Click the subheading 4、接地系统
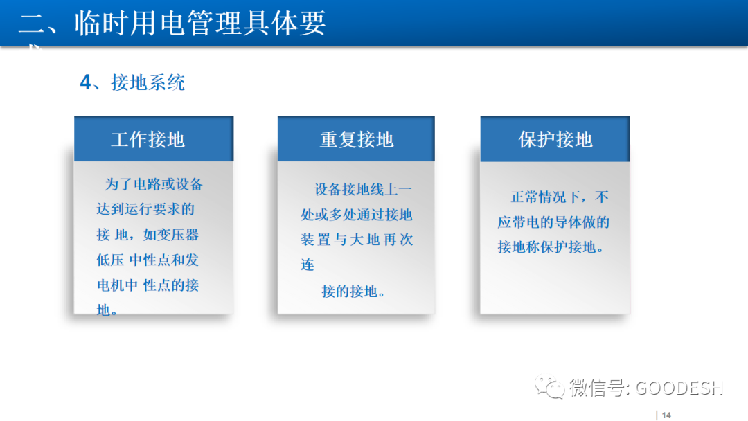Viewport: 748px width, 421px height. click(132, 83)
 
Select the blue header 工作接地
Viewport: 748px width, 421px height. click(148, 139)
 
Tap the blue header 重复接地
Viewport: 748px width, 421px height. click(356, 139)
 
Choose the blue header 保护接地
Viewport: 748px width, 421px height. click(555, 139)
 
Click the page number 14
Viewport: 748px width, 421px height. click(666, 415)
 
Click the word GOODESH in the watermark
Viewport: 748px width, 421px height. click(679, 388)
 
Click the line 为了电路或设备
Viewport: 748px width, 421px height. click(154, 184)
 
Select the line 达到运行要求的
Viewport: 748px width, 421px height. click(145, 209)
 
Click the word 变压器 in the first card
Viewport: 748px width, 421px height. click(179, 235)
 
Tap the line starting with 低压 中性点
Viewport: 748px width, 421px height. click(148, 260)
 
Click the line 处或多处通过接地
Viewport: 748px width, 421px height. click(356, 215)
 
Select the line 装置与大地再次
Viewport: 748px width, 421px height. click(356, 240)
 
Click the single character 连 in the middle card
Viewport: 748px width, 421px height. click(308, 265)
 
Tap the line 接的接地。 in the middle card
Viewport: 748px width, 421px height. click(353, 292)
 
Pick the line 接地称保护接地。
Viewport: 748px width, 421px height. click(551, 247)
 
